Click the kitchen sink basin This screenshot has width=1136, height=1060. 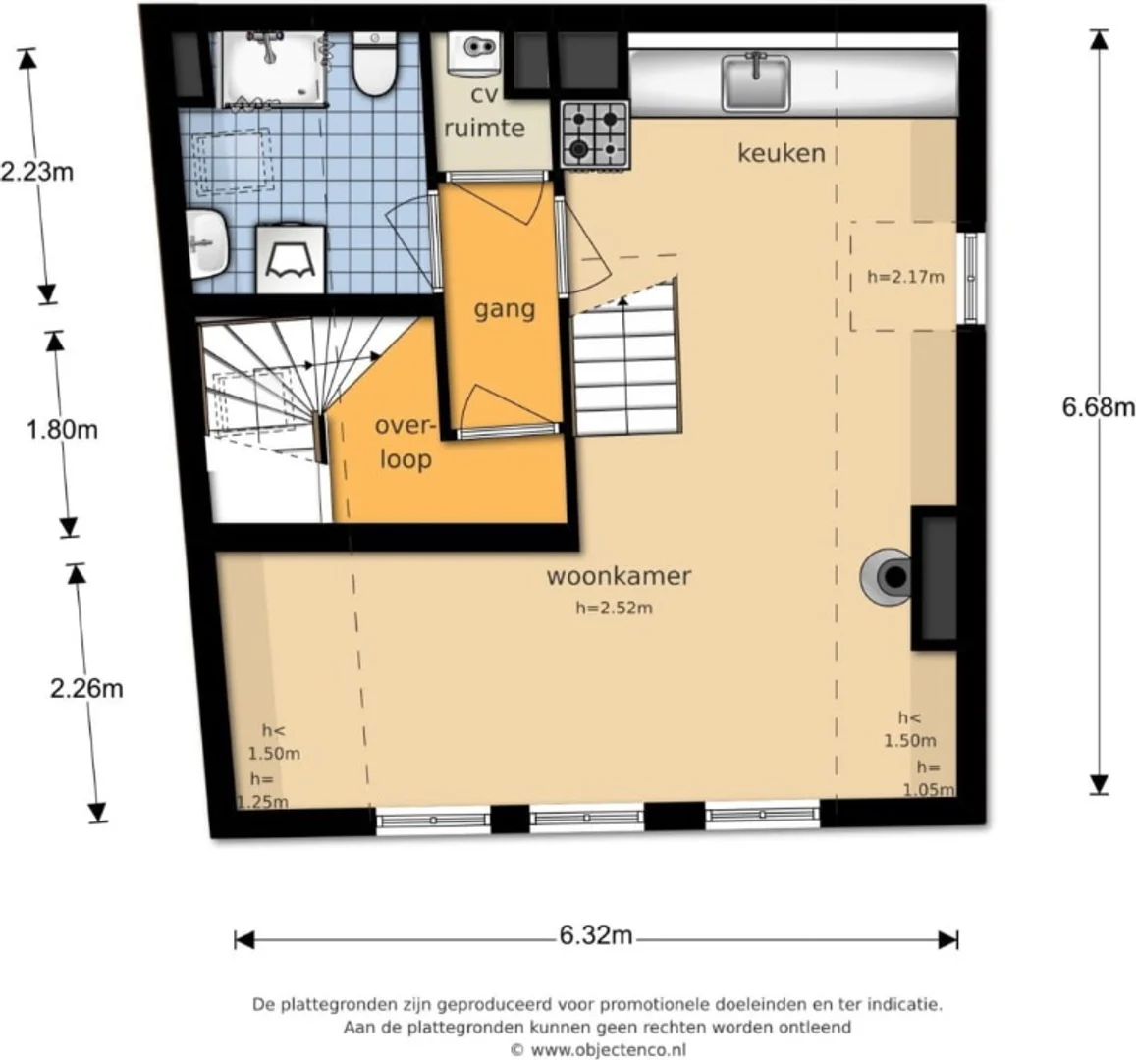tap(756, 83)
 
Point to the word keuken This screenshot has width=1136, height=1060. tap(781, 153)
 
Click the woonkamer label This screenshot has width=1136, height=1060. tap(619, 576)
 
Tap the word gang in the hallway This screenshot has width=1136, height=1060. tap(505, 310)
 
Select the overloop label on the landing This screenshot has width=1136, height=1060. tap(405, 442)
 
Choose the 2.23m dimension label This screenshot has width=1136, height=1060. tap(37, 173)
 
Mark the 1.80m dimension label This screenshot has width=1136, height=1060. tap(62, 430)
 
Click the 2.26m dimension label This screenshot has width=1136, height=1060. tap(86, 689)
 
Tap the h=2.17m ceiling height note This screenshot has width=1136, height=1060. tap(905, 277)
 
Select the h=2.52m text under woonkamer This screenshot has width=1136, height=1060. tap(614, 609)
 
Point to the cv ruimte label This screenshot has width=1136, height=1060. tap(484, 112)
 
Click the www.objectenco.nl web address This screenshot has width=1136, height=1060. tap(609, 1050)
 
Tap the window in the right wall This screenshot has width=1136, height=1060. tap(972, 278)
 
